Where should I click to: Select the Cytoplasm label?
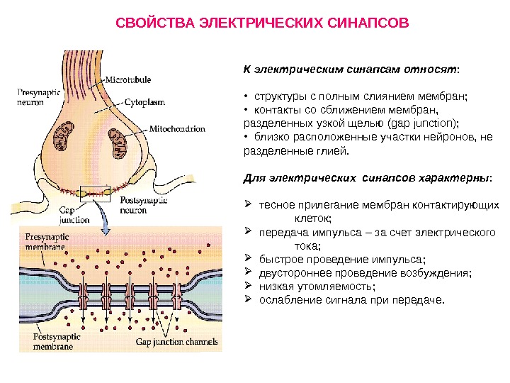[148, 101]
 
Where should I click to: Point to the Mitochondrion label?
[176, 130]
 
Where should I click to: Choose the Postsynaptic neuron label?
[140, 206]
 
